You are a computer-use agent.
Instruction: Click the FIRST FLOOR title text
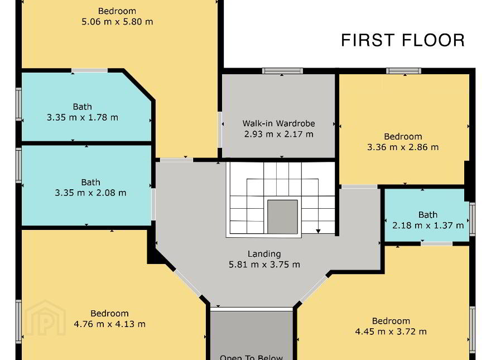pos(403,40)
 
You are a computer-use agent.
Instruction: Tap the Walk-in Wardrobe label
pos(278,123)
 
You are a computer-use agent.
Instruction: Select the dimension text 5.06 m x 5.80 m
pos(117,22)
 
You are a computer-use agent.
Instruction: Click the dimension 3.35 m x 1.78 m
pos(83,118)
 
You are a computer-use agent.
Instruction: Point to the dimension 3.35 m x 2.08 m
pos(91,193)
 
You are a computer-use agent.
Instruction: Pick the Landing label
pos(264,254)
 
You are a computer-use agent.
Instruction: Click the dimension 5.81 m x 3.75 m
pos(264,265)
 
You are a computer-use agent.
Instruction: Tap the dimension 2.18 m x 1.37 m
pos(428,225)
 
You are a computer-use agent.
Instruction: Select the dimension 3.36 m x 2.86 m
pos(403,147)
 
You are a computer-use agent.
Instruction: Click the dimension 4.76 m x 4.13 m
pos(109,324)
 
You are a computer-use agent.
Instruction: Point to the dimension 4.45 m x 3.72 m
pos(391,332)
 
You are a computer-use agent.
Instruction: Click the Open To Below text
pos(251,357)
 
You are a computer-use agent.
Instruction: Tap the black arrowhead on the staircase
pos(318,231)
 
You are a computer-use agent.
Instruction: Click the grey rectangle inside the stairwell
pos(282,217)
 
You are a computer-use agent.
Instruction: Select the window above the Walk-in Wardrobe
pos(282,71)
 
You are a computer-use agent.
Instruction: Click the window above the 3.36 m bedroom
pos(403,71)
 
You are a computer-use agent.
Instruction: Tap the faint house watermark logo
pos(46,318)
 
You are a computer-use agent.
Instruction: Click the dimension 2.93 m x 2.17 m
pos(278,134)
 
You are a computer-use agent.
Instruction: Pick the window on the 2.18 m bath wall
pos(473,219)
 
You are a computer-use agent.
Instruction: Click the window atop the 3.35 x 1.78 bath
pos(90,70)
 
